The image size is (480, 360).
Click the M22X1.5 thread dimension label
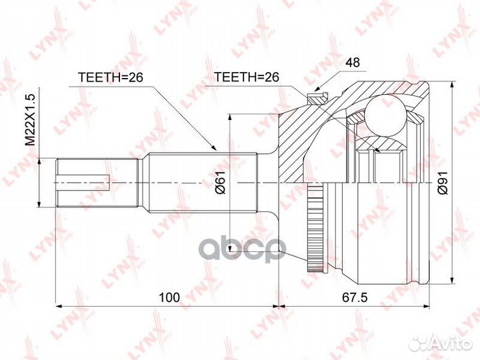(x=30, y=119)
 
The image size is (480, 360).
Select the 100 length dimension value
(x=170, y=297)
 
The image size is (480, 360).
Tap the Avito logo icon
(x=421, y=342)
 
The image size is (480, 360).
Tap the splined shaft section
(x=200, y=181)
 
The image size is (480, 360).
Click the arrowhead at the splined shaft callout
(x=215, y=149)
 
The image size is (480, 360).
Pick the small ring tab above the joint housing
(x=316, y=98)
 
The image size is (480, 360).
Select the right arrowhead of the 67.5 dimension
(x=424, y=307)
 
